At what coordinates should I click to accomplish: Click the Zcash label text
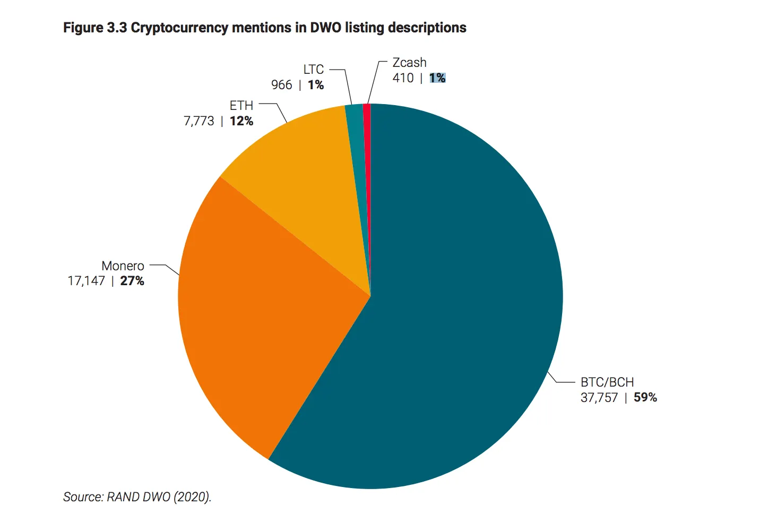409,63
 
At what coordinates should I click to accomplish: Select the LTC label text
314,70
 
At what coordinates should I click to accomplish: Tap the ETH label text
241,106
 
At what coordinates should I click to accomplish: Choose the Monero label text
123,266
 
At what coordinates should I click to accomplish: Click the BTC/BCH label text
607,382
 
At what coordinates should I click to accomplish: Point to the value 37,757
599,398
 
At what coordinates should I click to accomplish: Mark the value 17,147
87,281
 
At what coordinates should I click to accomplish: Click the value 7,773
199,121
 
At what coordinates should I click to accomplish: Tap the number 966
281,85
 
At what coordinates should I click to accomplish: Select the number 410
403,78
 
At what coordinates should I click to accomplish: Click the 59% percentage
645,398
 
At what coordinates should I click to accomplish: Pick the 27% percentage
132,281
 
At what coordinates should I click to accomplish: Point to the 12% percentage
241,121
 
